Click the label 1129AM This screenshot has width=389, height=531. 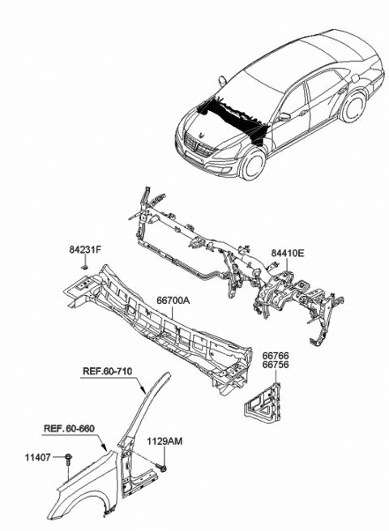pyautogui.click(x=165, y=443)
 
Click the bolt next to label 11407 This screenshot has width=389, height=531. pyautogui.click(x=71, y=460)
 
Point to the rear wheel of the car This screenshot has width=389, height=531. pyautogui.click(x=353, y=110)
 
